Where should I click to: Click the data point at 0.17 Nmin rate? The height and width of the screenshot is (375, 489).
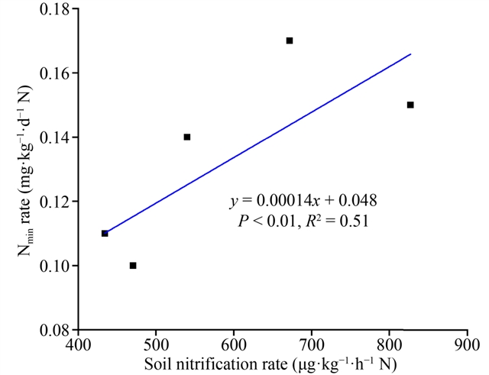pos(290,40)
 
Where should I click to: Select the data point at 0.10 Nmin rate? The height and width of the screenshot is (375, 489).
pos(133,266)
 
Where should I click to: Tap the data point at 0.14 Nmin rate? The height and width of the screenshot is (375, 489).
pos(187,137)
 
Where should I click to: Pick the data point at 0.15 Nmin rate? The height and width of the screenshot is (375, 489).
pos(410,105)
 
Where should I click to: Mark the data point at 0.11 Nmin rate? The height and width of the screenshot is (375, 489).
pos(105,234)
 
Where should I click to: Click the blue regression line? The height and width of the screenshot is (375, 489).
pos(260,142)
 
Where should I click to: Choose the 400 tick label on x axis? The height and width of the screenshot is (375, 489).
pos(79,344)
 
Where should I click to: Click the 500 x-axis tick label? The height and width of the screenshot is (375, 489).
pos(156,344)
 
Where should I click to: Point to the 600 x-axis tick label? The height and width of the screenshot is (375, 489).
pos(234,344)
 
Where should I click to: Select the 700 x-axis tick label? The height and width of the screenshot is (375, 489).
pos(312,344)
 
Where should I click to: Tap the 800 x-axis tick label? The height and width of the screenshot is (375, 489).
pos(390,344)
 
